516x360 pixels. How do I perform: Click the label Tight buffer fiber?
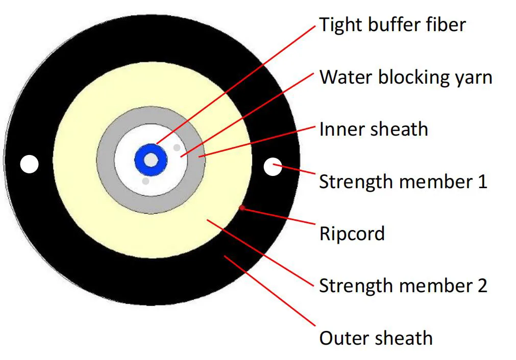(392, 24)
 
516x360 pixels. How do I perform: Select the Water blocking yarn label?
(406, 78)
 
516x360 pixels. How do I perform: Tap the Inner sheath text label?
(373, 130)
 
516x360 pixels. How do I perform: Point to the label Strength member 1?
(403, 182)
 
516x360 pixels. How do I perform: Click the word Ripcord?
(352, 234)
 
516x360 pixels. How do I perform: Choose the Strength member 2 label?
(403, 286)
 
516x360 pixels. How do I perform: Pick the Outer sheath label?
(376, 338)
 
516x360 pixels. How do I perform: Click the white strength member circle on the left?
(29, 164)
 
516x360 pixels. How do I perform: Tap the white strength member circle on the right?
(273, 166)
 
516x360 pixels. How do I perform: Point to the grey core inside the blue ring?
(151, 160)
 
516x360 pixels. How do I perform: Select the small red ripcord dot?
(242, 208)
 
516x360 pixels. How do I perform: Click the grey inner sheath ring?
(106, 160)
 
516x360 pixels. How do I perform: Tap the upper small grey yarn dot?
(177, 147)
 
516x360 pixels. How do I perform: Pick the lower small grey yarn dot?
(145, 181)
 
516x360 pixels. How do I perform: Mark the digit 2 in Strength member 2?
(481, 286)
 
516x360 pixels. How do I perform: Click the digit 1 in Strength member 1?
(482, 182)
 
